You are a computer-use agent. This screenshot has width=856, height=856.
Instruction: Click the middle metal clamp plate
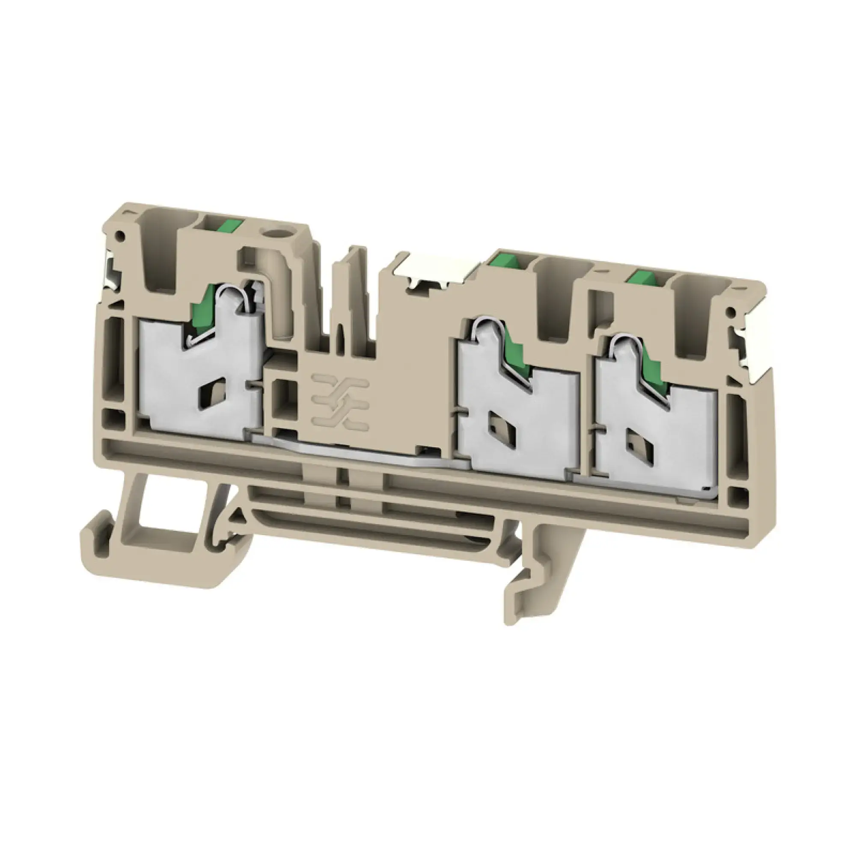[x=518, y=425]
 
